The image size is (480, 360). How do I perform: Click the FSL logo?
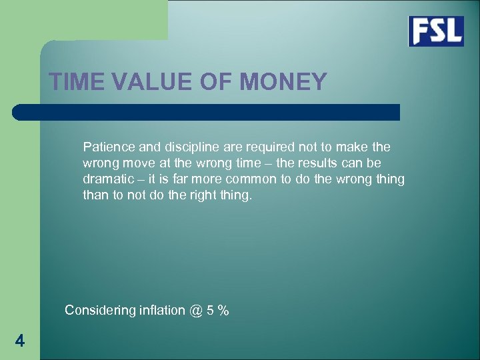pos(436,31)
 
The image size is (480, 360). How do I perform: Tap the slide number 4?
pos(20,341)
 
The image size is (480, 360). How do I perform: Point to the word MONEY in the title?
pos(283,82)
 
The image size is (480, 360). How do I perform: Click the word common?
pos(249,180)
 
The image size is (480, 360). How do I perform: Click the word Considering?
pos(101,310)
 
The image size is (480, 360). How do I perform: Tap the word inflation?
pos(163,310)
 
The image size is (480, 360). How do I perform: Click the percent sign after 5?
pos(224,310)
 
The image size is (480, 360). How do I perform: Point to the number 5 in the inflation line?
pos(212,310)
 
